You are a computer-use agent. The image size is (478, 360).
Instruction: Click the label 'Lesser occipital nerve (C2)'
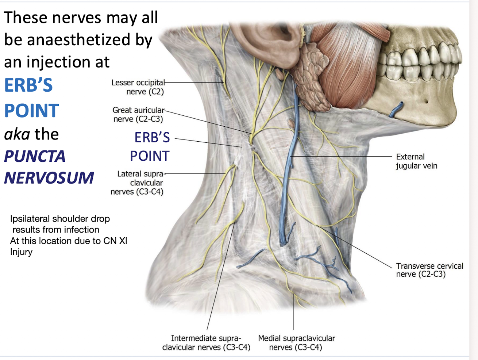tap(138, 87)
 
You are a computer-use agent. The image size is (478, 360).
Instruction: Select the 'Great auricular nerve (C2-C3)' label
tap(138, 115)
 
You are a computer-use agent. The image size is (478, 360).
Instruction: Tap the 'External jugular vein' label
tap(416, 161)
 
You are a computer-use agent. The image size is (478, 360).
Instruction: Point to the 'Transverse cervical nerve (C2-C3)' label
tap(429, 270)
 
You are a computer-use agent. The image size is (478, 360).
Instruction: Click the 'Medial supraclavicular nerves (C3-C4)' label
tap(296, 343)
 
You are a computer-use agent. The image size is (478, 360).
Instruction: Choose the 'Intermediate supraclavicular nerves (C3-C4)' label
tap(206, 343)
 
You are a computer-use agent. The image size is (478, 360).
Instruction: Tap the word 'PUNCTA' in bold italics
tap(35, 157)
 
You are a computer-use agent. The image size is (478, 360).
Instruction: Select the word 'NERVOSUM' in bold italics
tap(49, 178)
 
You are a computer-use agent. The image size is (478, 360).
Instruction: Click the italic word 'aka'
tap(17, 134)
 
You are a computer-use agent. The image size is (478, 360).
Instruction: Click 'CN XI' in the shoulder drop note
tap(117, 241)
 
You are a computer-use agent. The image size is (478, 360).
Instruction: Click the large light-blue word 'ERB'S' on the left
tap(28, 85)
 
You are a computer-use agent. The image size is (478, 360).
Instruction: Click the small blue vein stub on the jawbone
tap(397, 109)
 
